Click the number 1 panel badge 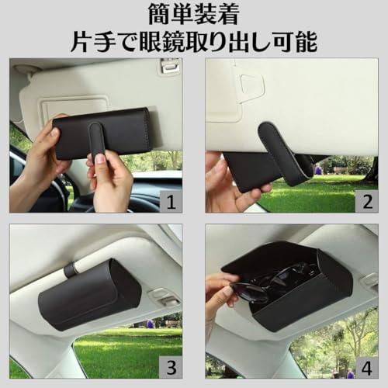click(x=171, y=202)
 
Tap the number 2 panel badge click(x=367, y=202)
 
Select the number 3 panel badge click(x=171, y=367)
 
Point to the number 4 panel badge click(x=367, y=367)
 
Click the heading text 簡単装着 click(x=193, y=15)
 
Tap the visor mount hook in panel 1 click(x=169, y=67)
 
